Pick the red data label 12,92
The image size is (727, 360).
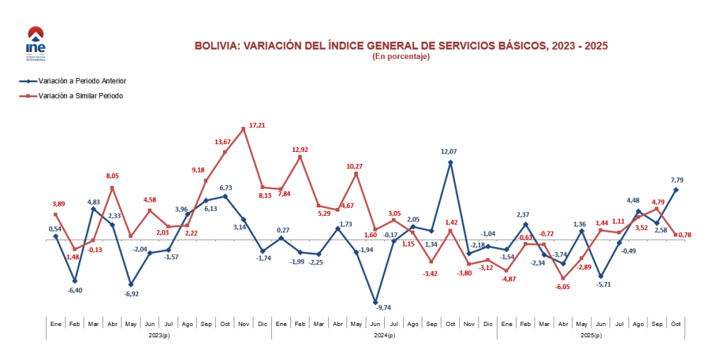pos(300,150)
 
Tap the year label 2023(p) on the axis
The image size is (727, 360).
pos(158,335)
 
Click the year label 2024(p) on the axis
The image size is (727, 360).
pos(384,335)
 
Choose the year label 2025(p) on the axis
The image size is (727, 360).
pos(591,335)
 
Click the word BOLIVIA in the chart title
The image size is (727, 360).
pos(215,45)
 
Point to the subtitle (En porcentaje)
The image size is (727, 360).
pos(400,57)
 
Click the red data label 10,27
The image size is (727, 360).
pos(356,166)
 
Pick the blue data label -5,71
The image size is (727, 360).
pos(602,285)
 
